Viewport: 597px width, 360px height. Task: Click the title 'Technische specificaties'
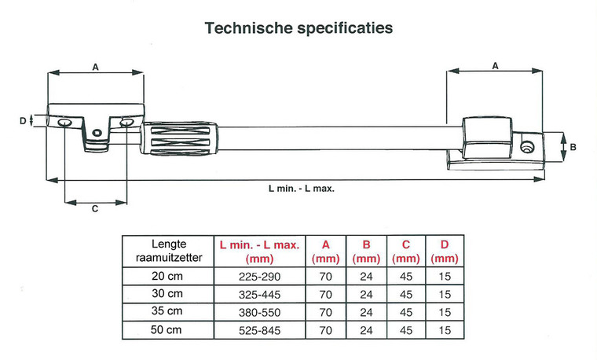[x=298, y=28]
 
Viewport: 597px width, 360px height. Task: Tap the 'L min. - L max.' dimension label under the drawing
[x=296, y=189]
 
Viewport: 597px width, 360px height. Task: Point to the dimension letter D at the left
[x=22, y=120]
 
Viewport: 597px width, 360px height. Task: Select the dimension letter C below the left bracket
[x=95, y=209]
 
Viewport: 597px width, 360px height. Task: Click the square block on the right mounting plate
[x=487, y=137]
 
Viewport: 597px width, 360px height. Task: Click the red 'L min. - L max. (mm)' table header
[x=258, y=251]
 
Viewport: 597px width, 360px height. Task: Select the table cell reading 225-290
[x=258, y=277]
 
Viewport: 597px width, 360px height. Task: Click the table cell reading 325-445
[x=258, y=295]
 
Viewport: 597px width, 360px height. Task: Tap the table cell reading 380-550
[x=258, y=313]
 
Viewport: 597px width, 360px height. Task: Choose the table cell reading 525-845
[x=258, y=331]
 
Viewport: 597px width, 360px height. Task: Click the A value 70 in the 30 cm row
[x=324, y=295]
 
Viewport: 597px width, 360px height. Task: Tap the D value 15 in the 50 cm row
[x=445, y=331]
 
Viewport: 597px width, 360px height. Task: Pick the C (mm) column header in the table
[x=405, y=251]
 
